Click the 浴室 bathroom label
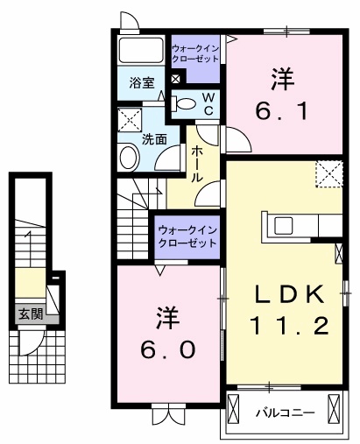142,84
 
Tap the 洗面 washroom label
155,138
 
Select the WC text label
211,104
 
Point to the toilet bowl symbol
186,104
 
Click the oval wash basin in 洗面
129,158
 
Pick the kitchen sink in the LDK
286,225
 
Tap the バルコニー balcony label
279,410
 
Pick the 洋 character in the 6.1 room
281,80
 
